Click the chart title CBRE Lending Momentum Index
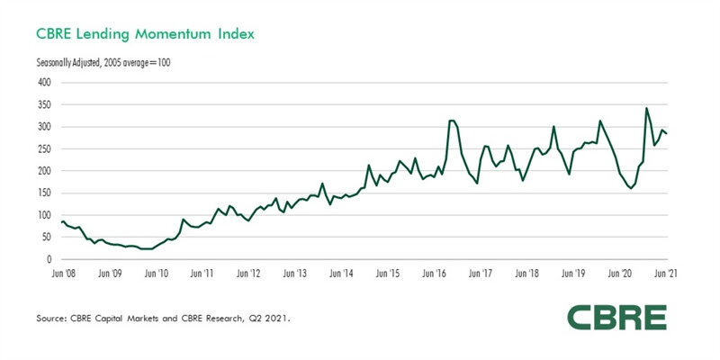(x=145, y=34)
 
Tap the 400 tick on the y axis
(x=44, y=82)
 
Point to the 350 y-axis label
(x=44, y=104)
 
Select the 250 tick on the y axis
(x=44, y=148)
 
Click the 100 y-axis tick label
(x=44, y=215)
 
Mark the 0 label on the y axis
(x=49, y=259)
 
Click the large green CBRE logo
(x=616, y=317)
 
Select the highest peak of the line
(x=646, y=109)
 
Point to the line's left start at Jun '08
(x=61, y=221)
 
